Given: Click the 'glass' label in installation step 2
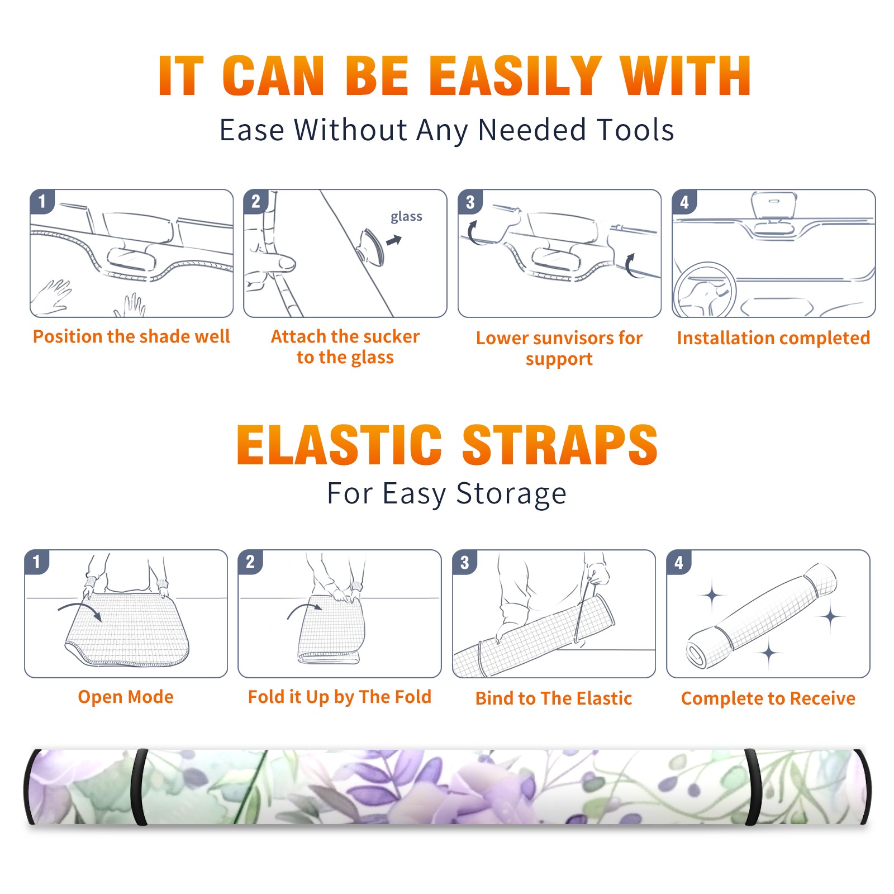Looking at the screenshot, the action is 406,217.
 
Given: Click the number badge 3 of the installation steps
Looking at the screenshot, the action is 470,202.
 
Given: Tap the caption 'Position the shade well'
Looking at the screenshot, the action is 131,336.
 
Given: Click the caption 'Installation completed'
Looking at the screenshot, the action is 773,338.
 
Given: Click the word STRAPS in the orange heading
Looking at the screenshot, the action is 560,445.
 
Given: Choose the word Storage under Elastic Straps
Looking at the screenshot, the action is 511,494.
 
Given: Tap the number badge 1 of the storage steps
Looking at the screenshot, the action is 37,562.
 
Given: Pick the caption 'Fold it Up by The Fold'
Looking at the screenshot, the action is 340,697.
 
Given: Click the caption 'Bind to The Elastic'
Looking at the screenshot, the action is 554,698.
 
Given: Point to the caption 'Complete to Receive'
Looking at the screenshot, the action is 768,698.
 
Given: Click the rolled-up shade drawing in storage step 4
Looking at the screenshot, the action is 762,615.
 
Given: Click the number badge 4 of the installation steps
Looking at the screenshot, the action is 684,202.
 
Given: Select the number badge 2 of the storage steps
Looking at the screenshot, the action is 250,562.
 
